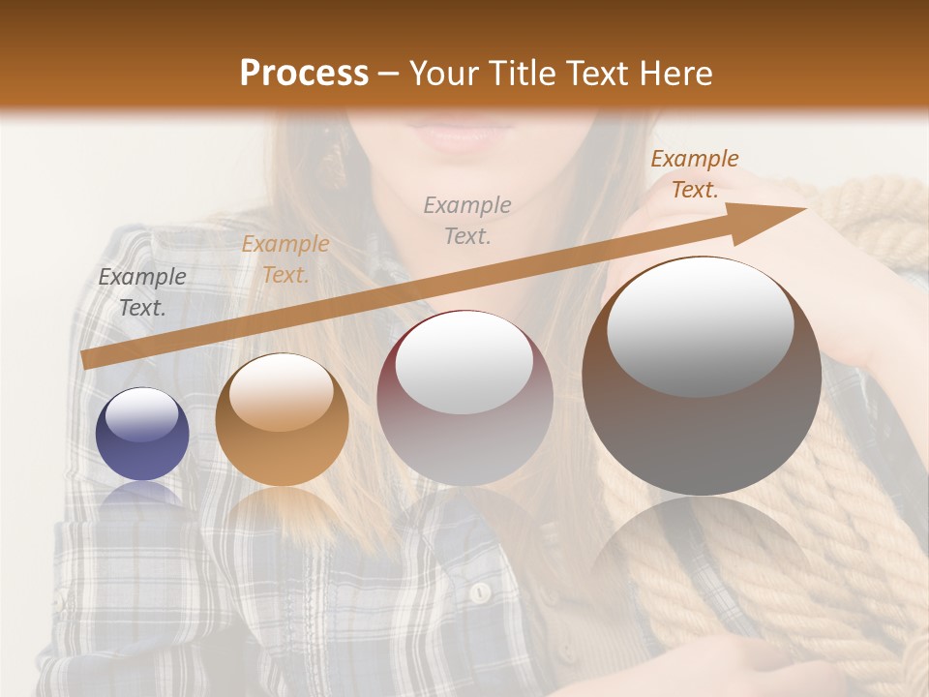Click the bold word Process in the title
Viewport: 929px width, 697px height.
pyautogui.click(x=304, y=74)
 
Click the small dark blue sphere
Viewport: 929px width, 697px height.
pyautogui.click(x=142, y=434)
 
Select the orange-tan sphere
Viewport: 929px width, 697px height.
pyautogui.click(x=282, y=420)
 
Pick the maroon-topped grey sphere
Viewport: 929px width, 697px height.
pyautogui.click(x=464, y=398)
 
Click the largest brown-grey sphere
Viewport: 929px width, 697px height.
pyautogui.click(x=702, y=378)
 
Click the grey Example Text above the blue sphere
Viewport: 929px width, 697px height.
pyautogui.click(x=142, y=292)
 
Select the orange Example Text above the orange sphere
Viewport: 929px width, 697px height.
pyautogui.click(x=285, y=259)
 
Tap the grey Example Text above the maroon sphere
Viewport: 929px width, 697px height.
pyautogui.click(x=467, y=220)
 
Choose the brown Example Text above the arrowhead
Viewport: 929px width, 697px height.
pyautogui.click(x=694, y=174)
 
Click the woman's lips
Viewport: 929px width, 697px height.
pyautogui.click(x=454, y=136)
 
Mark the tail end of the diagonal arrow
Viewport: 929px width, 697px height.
pyautogui.click(x=85, y=359)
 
